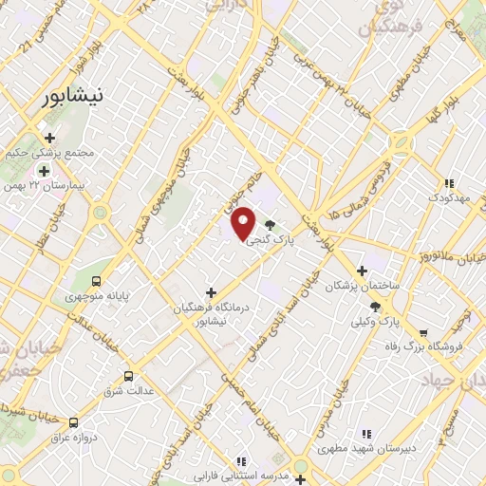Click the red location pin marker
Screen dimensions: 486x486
(243, 222)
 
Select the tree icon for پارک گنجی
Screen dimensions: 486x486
(272, 225)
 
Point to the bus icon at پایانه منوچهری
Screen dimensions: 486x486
(96, 281)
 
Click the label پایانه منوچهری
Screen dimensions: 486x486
(95, 297)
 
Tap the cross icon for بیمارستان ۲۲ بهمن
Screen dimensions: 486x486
(44, 170)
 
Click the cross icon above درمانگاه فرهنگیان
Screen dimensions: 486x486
(212, 292)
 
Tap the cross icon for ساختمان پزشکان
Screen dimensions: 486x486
(362, 271)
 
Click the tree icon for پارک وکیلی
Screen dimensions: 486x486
(376, 307)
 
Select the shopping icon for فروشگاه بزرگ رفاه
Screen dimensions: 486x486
(422, 333)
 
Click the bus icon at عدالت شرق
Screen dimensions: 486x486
(130, 375)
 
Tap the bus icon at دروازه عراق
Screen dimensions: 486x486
(74, 422)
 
